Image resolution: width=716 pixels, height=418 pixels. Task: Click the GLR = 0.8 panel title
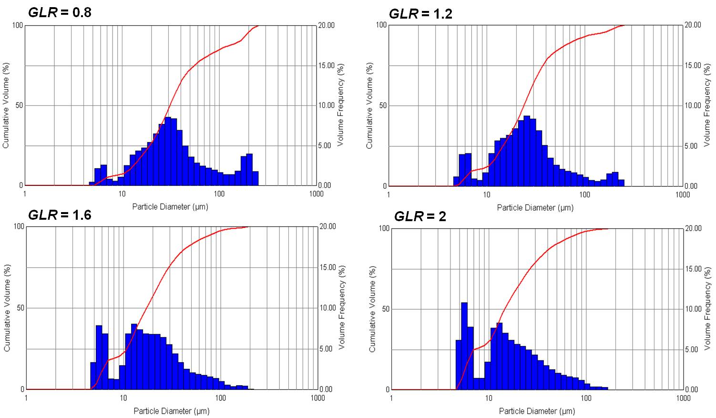60,12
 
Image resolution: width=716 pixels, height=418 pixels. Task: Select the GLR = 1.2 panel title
420,14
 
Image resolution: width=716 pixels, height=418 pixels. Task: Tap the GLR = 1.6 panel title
60,215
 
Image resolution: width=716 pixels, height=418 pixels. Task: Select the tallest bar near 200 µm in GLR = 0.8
249,169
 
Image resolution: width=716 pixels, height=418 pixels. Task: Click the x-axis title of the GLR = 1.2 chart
535,207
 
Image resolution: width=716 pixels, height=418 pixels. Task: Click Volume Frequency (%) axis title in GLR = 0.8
340,105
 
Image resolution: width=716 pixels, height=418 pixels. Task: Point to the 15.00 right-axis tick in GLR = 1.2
693,65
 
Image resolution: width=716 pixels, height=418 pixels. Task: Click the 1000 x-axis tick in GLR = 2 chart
683,398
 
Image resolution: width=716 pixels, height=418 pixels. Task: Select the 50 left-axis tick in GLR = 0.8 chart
19,105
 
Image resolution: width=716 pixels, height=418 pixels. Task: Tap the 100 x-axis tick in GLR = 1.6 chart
220,398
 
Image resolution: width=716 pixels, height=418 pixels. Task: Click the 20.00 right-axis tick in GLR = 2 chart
693,228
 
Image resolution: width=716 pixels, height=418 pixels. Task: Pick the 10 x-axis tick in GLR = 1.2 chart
486,194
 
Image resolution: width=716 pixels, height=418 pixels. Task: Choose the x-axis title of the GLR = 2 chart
537,411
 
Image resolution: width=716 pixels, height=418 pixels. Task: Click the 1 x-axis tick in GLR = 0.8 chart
25,194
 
